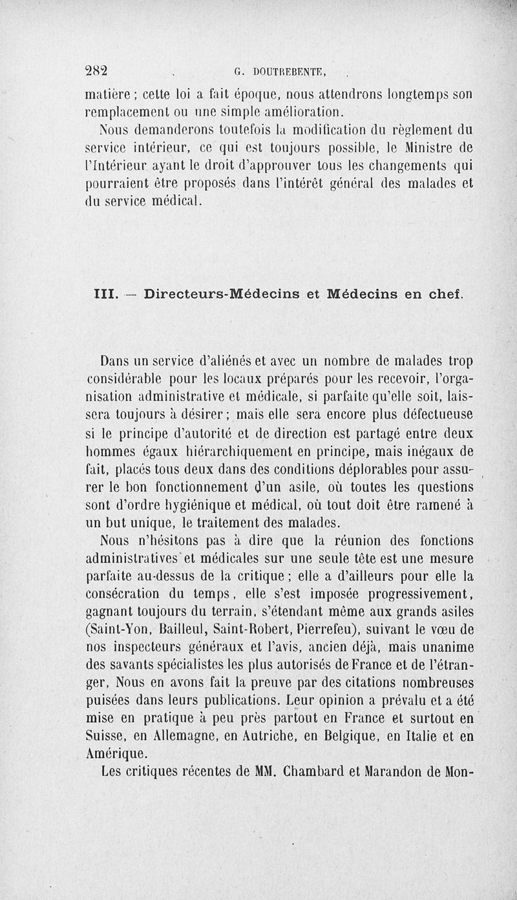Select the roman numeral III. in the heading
pyautogui.click(x=100, y=294)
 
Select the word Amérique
pyautogui.click(x=116, y=752)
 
